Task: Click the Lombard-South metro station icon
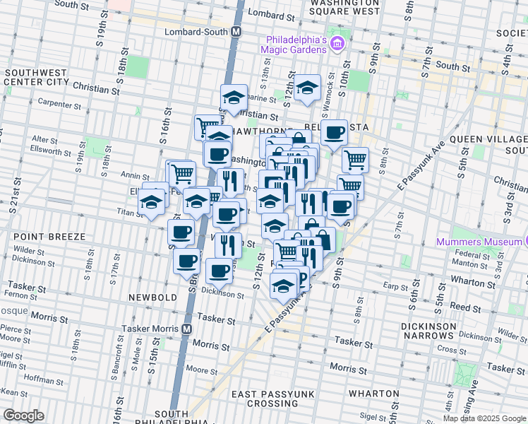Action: coord(236,33)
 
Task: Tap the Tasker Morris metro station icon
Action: coord(187,329)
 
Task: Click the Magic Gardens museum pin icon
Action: coord(337,44)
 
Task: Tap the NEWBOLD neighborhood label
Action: coord(152,298)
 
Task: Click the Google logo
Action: coord(23,416)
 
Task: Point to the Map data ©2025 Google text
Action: coord(484,418)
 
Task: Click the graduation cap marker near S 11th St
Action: coord(308,88)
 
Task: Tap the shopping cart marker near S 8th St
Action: coord(355,159)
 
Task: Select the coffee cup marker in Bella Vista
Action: coord(334,131)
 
